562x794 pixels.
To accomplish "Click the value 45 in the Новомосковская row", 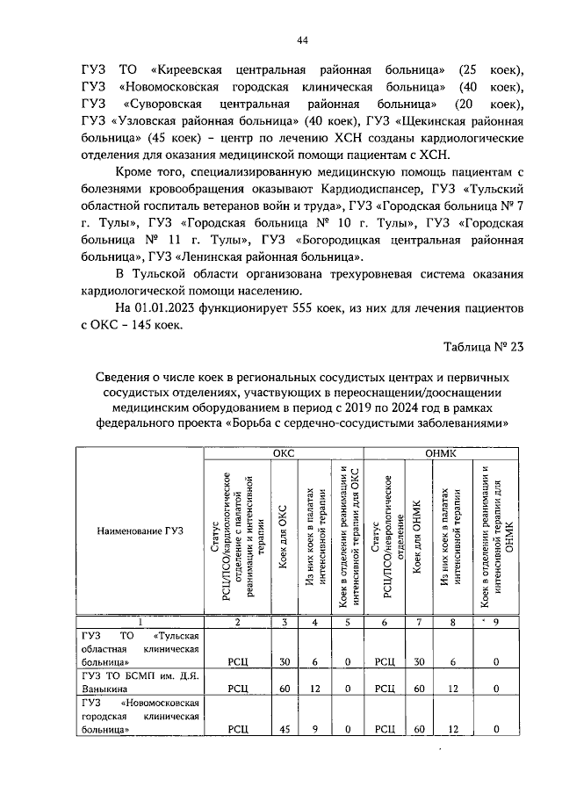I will click(x=283, y=728).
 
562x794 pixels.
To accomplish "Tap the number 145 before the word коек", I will click(x=140, y=326).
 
